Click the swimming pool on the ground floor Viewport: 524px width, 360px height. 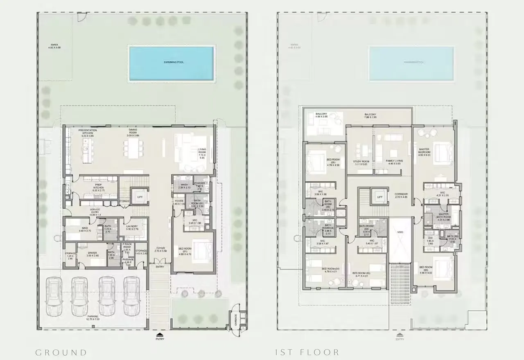(171, 63)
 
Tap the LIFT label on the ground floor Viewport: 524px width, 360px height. (140, 197)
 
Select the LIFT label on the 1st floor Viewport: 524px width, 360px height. (379, 197)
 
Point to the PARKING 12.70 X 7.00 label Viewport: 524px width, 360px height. (93, 318)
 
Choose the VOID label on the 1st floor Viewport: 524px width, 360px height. (400, 232)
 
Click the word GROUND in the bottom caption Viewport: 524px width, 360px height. (61, 352)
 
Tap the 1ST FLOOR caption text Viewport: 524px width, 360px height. (307, 352)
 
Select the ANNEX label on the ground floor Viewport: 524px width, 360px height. (55, 45)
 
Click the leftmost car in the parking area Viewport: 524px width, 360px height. (54, 296)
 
